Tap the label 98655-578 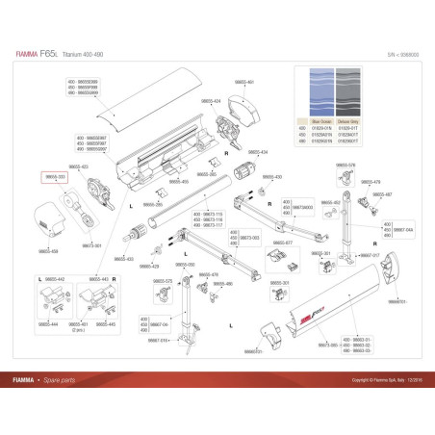346,166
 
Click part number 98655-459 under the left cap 48,250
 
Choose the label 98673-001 92,245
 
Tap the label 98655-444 47,324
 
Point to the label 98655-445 105,324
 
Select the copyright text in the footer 366,379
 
